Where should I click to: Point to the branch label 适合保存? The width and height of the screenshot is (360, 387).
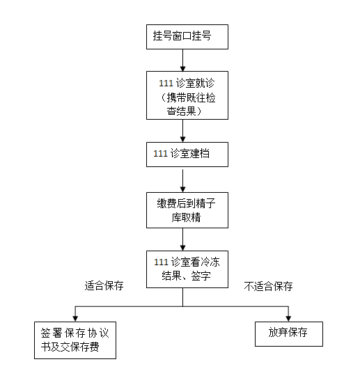[x=104, y=285]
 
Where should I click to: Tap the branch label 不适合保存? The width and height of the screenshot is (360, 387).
[x=268, y=286]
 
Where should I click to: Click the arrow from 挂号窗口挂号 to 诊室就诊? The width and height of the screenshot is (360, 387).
[x=182, y=61]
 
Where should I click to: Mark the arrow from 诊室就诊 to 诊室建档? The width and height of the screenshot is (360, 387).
[x=182, y=131]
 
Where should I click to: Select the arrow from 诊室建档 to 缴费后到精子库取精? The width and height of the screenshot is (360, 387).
[x=182, y=181]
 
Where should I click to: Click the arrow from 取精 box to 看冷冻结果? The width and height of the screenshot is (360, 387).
[x=182, y=239]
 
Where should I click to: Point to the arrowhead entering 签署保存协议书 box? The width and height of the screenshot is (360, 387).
[x=75, y=319]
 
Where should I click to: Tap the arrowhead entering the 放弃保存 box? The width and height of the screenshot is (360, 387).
[x=288, y=319]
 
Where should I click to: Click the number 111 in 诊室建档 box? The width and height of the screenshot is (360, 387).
[x=160, y=154]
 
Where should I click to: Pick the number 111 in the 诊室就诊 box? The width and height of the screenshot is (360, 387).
[x=166, y=83]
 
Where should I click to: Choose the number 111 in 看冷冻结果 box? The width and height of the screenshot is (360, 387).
[x=161, y=262]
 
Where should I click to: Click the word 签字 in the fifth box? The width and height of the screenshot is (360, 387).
[x=201, y=276]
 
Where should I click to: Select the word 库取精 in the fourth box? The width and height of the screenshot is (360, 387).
[x=186, y=217]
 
